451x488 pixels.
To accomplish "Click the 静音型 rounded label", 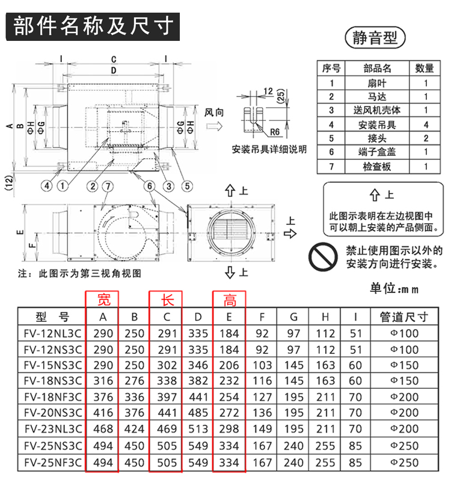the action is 375,38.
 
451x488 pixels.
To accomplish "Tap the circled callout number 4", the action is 47,186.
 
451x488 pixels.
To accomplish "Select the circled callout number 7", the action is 108,187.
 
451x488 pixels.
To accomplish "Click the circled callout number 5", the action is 187,186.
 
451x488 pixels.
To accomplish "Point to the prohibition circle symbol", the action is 324,257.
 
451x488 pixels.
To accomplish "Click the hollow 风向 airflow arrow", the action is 215,126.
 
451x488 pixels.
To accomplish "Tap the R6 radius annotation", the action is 275,132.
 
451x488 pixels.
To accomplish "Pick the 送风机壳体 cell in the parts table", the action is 377,110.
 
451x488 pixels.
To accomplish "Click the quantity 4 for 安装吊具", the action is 426,125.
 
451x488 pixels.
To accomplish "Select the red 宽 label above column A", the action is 104,300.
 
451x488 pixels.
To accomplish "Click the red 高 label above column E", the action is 230,300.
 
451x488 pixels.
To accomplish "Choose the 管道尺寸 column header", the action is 404,317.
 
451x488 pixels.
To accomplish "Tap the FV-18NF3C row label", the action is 53,397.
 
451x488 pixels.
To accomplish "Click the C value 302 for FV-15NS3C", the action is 167,365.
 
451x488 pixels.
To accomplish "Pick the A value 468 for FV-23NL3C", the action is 103,429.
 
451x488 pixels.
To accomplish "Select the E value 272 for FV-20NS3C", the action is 229,413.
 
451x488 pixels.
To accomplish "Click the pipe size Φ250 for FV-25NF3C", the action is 404,463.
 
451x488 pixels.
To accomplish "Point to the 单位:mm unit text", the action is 394,289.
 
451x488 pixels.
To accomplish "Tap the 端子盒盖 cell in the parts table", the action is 377,152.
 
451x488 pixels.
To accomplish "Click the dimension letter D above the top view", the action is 114,70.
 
